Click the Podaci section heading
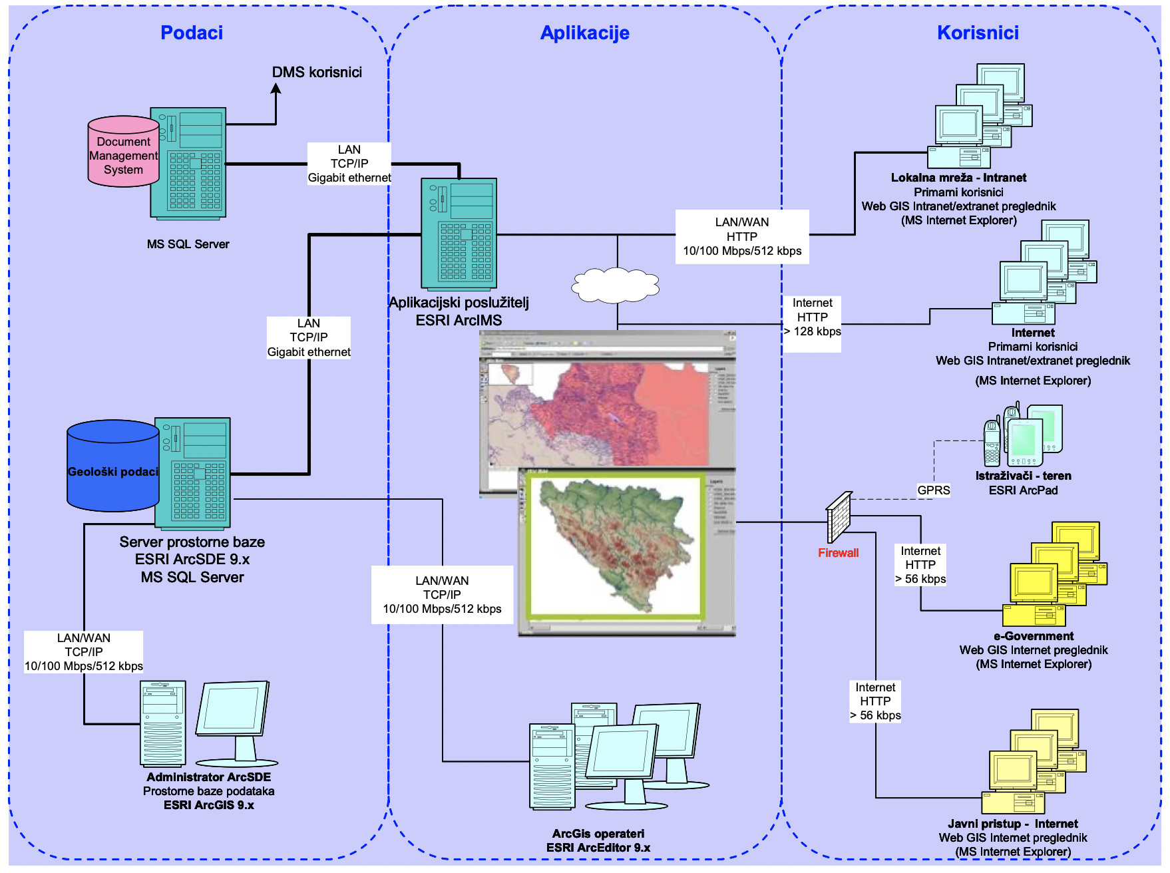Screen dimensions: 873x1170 (x=192, y=33)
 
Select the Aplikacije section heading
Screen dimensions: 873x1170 (x=584, y=33)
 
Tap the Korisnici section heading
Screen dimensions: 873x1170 (x=978, y=33)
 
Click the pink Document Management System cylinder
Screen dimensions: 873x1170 (x=123, y=153)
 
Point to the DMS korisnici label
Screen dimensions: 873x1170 (x=317, y=73)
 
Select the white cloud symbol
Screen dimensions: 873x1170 (x=615, y=285)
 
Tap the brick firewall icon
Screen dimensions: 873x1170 (x=839, y=518)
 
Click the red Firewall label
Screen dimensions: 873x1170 (x=838, y=553)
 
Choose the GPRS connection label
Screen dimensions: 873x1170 (x=933, y=490)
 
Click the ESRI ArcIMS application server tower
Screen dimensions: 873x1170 (x=459, y=234)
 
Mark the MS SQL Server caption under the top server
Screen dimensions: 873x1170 (x=188, y=244)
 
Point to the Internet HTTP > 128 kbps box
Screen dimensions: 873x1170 (x=812, y=317)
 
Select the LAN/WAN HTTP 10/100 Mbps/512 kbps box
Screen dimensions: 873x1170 (x=742, y=237)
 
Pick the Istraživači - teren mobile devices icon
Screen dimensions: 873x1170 (x=1023, y=435)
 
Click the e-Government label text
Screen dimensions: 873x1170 (x=1033, y=636)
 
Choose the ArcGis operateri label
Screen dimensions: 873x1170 (x=598, y=834)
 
